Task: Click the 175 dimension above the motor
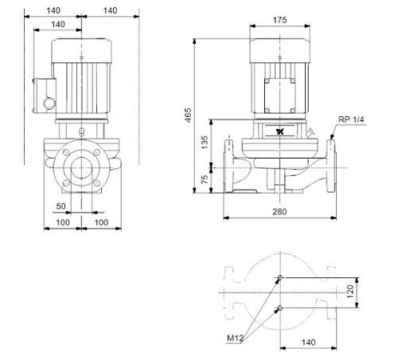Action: coord(279,20)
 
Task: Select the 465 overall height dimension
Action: coord(188,115)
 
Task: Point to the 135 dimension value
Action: coord(205,143)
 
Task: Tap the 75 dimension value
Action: coord(205,179)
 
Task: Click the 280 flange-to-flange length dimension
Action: coord(279,212)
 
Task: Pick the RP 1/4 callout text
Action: coord(351,119)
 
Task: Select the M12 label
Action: coord(235,338)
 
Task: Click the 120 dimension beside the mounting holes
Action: coord(350,292)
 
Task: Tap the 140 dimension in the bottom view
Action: coord(308,342)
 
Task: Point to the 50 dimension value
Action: coord(60,206)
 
